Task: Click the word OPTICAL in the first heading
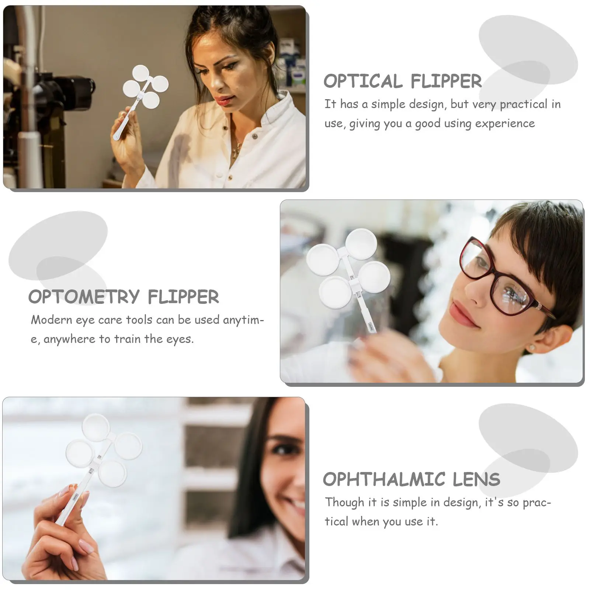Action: point(363,81)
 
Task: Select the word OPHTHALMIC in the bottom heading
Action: point(384,480)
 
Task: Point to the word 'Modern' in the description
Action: point(51,320)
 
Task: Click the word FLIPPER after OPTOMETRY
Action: point(183,297)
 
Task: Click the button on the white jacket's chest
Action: point(254,136)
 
